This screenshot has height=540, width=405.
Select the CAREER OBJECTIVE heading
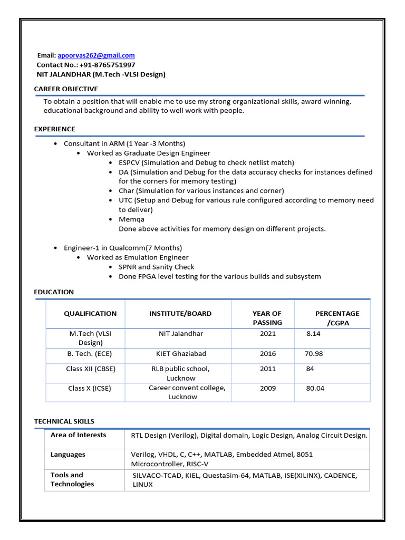tap(66, 89)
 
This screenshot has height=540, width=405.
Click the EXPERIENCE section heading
tap(55, 129)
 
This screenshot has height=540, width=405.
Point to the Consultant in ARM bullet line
tap(124, 143)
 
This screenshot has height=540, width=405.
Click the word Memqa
tap(131, 219)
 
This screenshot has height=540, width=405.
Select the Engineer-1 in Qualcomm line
tap(122, 248)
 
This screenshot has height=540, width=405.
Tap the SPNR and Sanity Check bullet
tap(156, 267)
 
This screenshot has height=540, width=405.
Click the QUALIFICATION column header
tap(90, 313)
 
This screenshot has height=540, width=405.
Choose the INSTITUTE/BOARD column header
tap(180, 313)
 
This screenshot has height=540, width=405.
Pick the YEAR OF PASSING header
tap(267, 317)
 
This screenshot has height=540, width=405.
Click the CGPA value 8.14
tap(313, 334)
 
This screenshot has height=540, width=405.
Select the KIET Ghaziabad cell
tap(181, 353)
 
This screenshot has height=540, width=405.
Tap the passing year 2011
tap(267, 369)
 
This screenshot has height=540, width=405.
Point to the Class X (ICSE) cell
tap(90, 388)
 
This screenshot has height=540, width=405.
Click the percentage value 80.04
tap(315, 388)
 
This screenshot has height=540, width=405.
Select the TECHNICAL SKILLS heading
tap(64, 421)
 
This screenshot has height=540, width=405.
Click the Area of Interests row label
tap(78, 435)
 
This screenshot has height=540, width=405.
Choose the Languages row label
tap(68, 455)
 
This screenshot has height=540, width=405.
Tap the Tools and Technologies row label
tap(72, 479)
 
